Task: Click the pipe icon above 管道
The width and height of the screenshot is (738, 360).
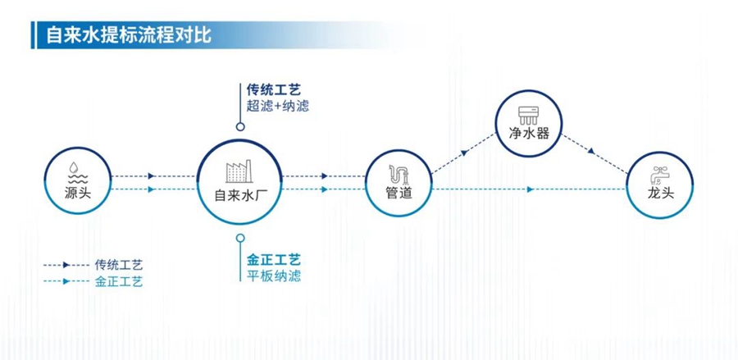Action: (x=399, y=173)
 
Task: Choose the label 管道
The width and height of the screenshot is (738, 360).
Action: (x=399, y=194)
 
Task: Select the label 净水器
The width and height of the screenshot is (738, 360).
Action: (x=528, y=133)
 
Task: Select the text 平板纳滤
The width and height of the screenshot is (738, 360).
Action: (x=273, y=276)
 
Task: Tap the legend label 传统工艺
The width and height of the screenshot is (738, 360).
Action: (x=119, y=265)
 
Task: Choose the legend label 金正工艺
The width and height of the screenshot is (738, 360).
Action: (x=119, y=280)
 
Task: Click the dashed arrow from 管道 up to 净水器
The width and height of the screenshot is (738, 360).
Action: (x=462, y=154)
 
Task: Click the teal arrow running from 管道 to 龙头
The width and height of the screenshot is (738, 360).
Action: (x=530, y=189)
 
